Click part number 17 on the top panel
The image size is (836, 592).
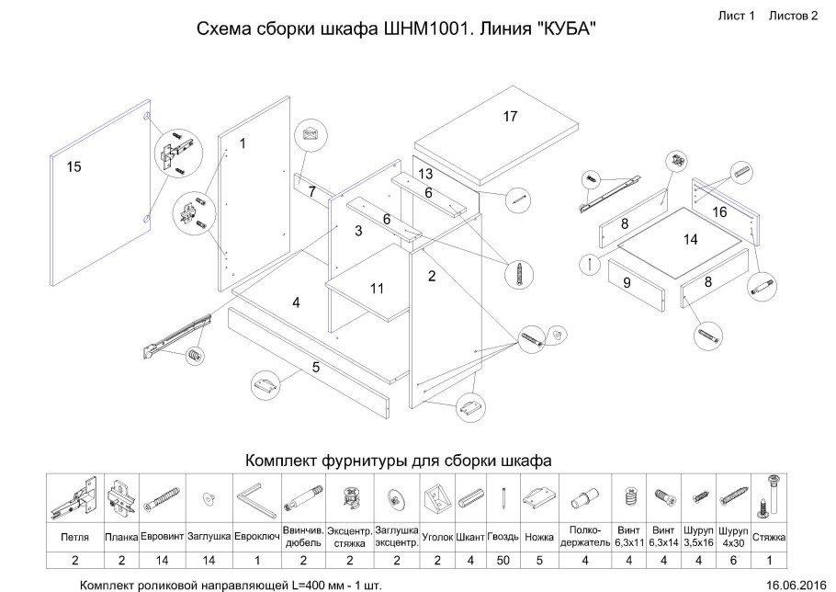coord(511,117)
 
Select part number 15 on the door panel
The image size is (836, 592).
coord(74,166)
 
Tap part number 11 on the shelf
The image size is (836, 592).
coord(377,288)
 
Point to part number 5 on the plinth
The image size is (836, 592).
coord(315,367)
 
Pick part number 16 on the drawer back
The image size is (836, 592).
coord(719,211)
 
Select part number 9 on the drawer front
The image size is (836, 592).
coord(627,283)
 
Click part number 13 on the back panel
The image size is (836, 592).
coord(425,174)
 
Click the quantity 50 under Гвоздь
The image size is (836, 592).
coord(504,558)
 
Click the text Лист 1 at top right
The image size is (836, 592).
coord(736,16)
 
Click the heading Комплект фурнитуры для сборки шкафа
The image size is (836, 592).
coord(398,459)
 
